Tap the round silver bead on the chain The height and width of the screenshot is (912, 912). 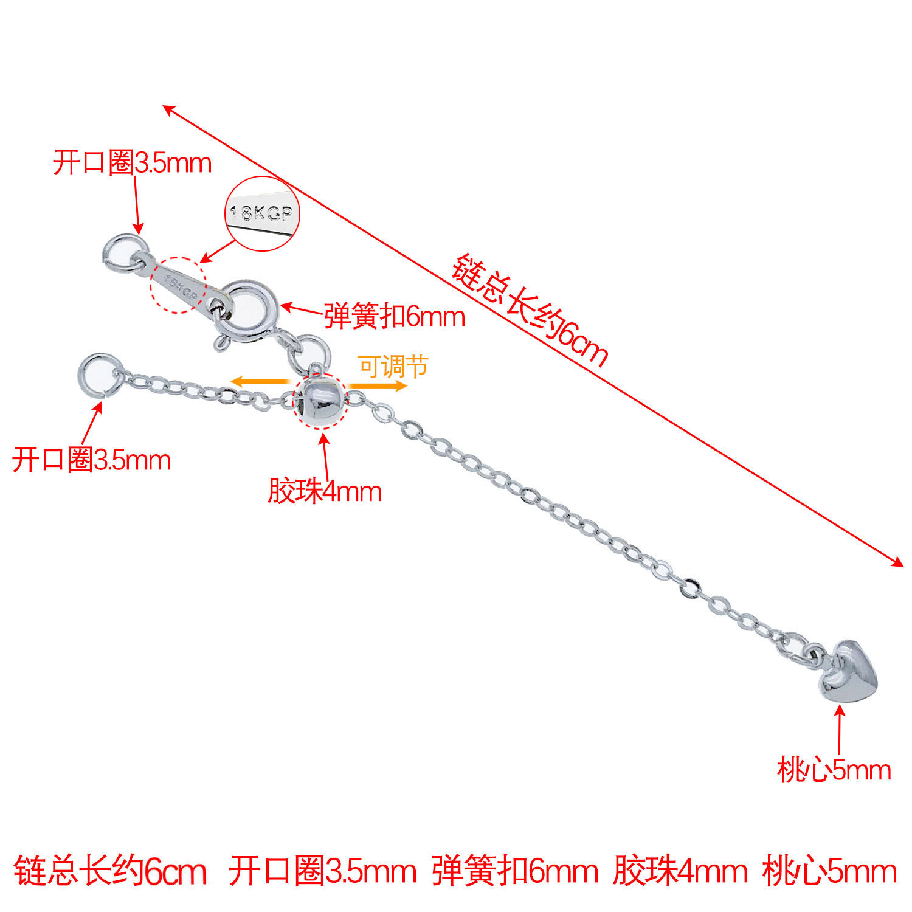tap(320, 399)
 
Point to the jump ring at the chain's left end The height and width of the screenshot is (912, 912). tap(97, 376)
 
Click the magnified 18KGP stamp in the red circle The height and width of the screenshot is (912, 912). tap(263, 213)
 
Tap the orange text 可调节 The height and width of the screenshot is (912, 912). tap(393, 366)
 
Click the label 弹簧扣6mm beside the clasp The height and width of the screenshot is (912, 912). tap(394, 317)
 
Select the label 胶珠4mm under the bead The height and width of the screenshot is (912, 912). tap(325, 491)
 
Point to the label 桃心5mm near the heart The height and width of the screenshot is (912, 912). tap(834, 770)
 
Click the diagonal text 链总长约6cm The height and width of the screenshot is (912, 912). tap(530, 310)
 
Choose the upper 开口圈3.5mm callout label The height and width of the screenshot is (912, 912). tap(132, 163)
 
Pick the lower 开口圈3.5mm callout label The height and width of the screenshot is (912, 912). tap(91, 460)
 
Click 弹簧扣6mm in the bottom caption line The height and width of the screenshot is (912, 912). tap(515, 871)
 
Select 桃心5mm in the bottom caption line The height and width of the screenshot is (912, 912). tap(829, 871)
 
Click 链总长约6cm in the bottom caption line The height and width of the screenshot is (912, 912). tap(110, 871)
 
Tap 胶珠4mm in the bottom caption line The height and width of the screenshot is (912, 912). tap(680, 871)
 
